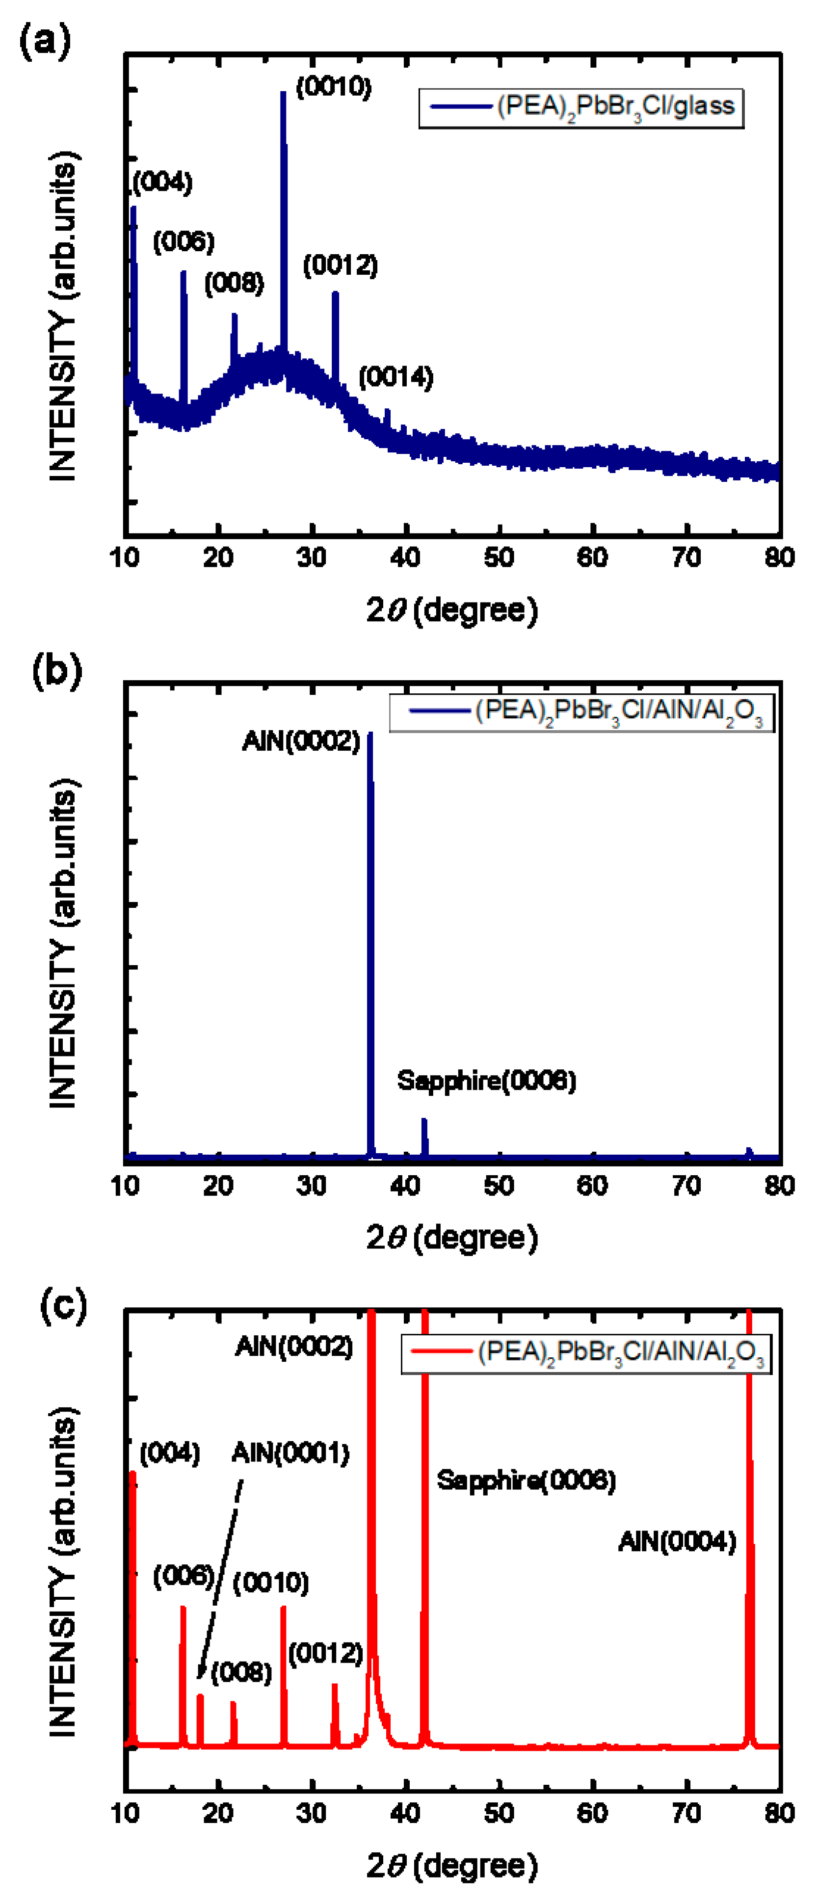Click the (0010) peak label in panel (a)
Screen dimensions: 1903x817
tap(333, 87)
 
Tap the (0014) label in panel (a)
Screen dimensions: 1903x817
tap(396, 377)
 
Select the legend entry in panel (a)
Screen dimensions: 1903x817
tap(581, 108)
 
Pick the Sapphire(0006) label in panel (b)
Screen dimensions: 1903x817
tap(486, 1081)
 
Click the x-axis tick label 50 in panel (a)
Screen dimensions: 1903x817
tap(499, 558)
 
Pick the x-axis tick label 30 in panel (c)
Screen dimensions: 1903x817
tap(312, 1814)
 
